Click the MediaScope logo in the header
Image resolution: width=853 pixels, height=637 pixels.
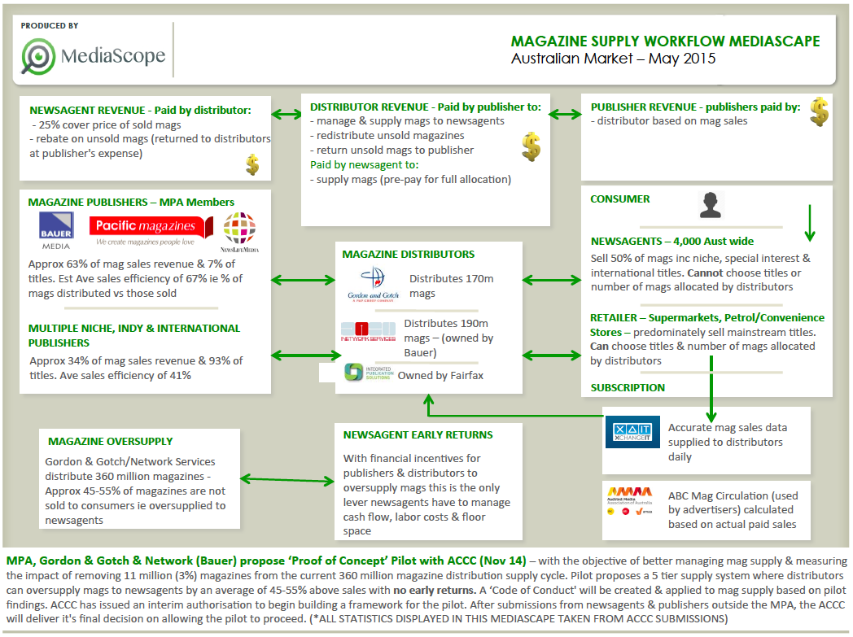[x=94, y=55]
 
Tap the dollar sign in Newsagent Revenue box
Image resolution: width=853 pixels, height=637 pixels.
[x=252, y=165]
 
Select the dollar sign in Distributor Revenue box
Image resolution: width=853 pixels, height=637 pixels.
[x=531, y=146]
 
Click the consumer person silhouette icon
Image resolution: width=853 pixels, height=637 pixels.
[x=711, y=205]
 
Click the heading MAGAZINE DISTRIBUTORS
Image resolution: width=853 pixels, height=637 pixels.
[x=409, y=255]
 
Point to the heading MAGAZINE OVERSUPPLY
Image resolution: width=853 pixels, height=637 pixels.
[x=110, y=441]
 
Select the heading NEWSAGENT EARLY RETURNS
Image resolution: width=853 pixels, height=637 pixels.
[x=418, y=434]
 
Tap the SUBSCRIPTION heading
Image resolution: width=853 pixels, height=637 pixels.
[x=628, y=387]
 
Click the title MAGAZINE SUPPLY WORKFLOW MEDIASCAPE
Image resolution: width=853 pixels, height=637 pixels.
[x=665, y=41]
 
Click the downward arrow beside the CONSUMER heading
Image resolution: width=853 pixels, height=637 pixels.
[x=809, y=224]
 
